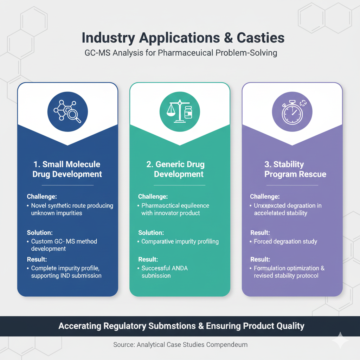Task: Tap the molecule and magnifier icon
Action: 67,112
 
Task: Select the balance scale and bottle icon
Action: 180,112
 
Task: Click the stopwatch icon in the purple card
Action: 292,112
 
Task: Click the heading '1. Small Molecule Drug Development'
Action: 67,169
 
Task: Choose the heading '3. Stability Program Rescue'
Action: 295,169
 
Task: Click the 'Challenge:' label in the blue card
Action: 42,197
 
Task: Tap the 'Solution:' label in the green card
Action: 151,232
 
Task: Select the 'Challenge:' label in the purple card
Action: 265,197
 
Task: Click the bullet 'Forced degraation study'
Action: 285,242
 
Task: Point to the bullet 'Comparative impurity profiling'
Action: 180,242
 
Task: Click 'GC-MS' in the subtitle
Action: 97,53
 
